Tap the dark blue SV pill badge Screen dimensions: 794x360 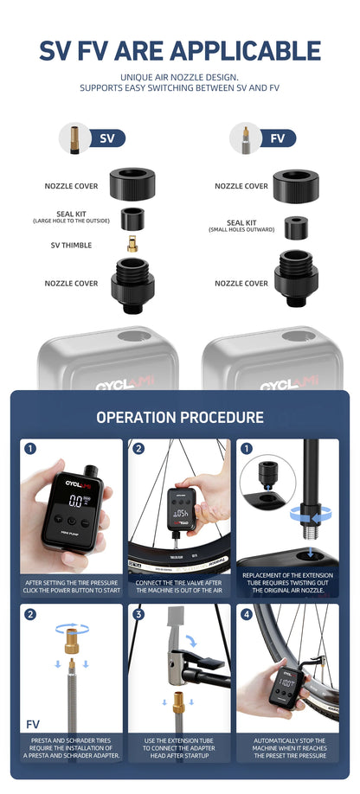[107, 138]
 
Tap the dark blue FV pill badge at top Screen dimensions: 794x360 [277, 138]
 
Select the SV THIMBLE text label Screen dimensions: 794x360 [71, 245]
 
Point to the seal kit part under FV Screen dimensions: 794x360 [296, 227]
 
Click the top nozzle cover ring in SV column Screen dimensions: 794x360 [132, 184]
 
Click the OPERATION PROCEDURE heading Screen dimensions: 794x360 [180, 417]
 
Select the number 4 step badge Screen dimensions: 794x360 [247, 614]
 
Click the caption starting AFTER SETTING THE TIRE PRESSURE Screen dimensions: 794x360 [71, 586]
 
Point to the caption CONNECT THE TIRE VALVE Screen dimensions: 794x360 [180, 586]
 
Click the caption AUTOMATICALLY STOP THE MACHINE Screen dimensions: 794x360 [289, 748]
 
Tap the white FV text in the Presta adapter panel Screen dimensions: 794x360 [33, 723]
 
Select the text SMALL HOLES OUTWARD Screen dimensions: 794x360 [241, 230]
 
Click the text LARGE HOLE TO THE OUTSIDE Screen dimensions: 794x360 [71, 221]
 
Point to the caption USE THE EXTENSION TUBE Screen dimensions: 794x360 [180, 748]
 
